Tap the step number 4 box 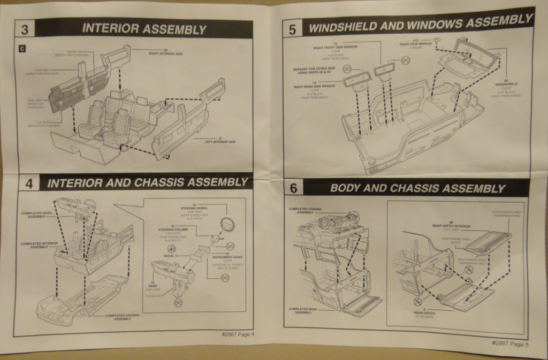pos(29,183)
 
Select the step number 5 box pos(292,29)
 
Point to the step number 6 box pos(293,188)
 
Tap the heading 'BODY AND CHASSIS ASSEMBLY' pos(417,188)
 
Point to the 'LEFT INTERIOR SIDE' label pos(220,141)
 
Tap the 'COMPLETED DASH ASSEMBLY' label pos(37,215)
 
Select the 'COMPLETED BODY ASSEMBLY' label pos(303,310)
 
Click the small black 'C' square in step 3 pos(22,49)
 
